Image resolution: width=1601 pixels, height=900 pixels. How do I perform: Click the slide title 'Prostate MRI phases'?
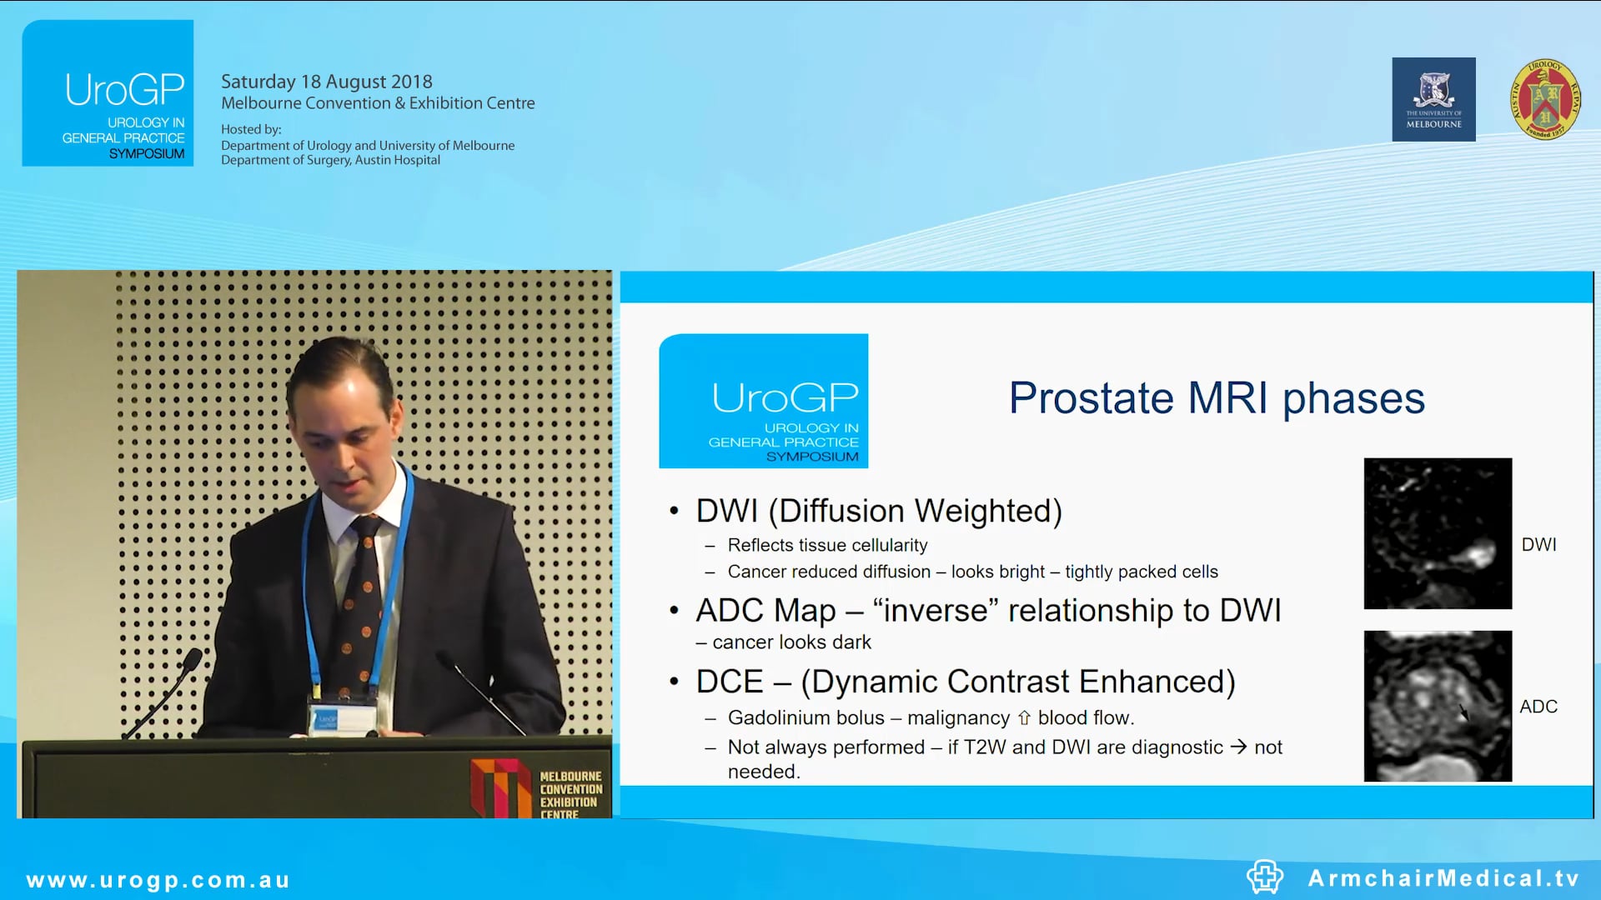pos(1216,398)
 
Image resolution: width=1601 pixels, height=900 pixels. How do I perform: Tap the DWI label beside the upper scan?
pos(1538,545)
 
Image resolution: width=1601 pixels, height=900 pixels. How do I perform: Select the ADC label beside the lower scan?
pos(1538,707)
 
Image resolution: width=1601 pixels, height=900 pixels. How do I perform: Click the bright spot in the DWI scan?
pos(1480,552)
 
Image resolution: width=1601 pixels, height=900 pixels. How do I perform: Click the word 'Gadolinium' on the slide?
pos(806,717)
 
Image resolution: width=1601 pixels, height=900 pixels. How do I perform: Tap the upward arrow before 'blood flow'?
pos(1024,717)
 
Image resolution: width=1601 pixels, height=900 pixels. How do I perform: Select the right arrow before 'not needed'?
pos(1238,747)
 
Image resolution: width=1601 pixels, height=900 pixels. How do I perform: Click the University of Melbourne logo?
pos(1433,99)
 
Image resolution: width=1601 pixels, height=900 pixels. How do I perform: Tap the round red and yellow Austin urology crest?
pos(1544,99)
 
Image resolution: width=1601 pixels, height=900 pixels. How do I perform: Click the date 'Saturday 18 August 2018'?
pos(326,82)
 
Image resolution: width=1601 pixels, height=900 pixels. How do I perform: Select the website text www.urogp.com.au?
pos(158,880)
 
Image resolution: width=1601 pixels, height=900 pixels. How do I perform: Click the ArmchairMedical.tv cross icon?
pos(1264,877)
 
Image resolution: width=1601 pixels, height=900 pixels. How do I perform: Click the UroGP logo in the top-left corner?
pos(108,93)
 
